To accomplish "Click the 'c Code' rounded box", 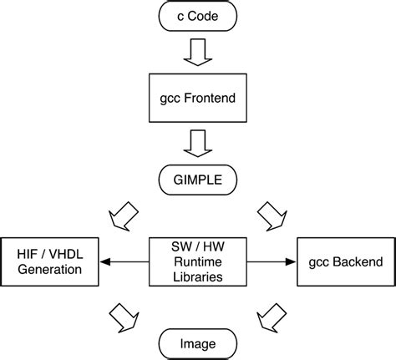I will [x=197, y=16].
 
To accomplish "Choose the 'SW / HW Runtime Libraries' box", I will [x=197, y=261].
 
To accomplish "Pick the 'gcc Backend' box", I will [x=344, y=261].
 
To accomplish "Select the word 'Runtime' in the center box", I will [x=197, y=261].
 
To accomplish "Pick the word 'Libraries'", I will [x=197, y=276].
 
